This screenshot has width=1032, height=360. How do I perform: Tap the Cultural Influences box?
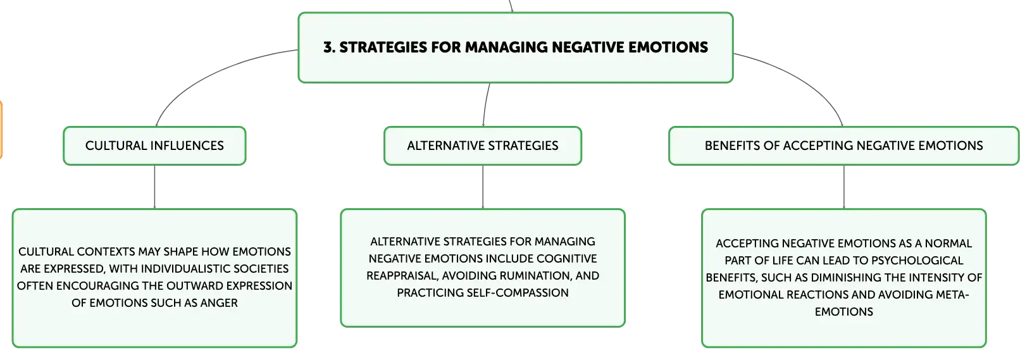155,146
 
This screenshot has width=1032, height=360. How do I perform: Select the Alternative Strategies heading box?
483,146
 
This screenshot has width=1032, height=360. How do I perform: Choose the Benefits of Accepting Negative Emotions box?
844,146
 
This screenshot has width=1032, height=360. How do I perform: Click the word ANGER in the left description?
219,303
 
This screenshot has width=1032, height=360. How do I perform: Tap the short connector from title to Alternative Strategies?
485,104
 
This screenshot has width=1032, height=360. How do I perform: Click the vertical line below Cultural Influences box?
155,187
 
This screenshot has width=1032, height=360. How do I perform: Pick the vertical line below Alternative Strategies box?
483,187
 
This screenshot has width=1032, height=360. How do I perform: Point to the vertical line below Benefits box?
844,187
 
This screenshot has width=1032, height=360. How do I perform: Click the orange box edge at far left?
1,130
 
